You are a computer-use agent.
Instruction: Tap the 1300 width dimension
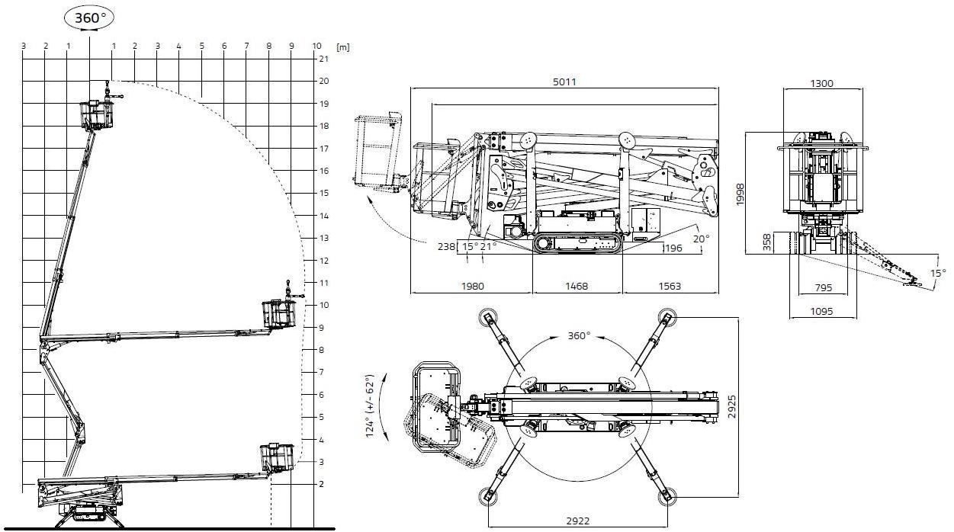[x=822, y=83]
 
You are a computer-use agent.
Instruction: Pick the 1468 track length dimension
[x=577, y=287]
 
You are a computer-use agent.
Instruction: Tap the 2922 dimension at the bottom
[x=577, y=521]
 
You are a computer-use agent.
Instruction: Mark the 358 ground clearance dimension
[x=767, y=242]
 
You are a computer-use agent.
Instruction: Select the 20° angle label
[x=701, y=238]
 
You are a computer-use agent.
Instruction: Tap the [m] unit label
[x=342, y=46]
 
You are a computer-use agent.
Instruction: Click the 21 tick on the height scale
[x=323, y=59]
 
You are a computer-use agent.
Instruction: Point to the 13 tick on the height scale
[x=323, y=239]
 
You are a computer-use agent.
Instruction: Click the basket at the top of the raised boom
[x=97, y=114]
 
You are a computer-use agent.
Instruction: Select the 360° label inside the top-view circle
[x=580, y=335]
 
